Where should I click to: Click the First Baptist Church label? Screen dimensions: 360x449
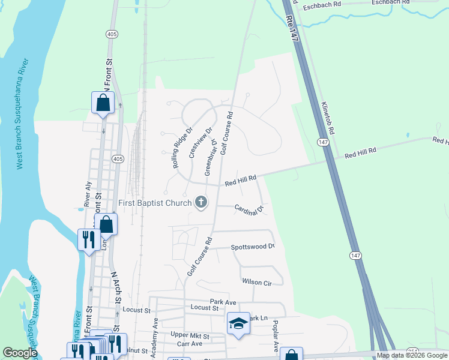pos(155,203)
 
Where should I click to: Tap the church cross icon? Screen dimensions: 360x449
pos(201,203)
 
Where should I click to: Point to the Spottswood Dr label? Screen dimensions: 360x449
pos(253,247)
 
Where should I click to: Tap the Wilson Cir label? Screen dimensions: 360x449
pos(257,281)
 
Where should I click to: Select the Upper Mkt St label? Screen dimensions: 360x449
pos(190,335)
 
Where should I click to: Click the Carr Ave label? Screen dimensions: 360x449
pos(190,344)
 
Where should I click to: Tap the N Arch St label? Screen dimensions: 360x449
pos(116,294)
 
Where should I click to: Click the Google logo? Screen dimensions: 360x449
pos(20,353)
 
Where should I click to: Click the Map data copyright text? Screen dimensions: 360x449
pos(412,355)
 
